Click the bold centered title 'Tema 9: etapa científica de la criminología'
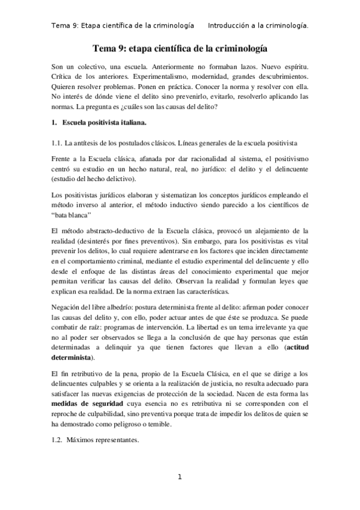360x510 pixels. click(180, 47)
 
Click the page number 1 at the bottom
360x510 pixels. click(180, 477)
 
